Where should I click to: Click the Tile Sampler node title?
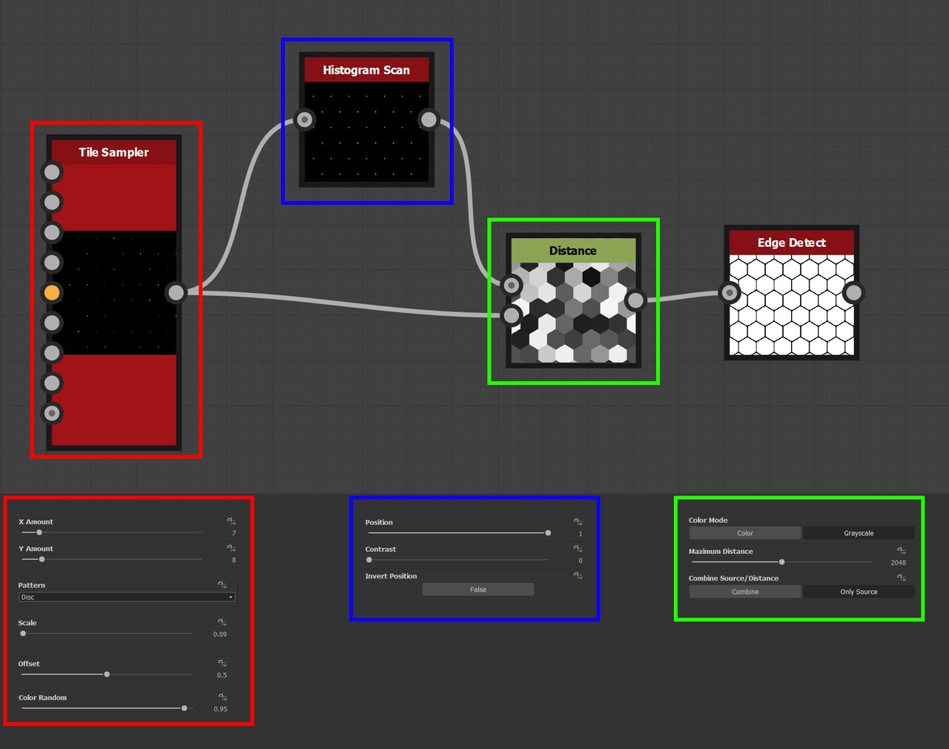113,152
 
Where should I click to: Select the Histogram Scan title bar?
366,70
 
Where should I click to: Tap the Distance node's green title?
572,251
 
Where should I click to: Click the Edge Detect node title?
791,242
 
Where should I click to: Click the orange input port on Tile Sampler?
52,293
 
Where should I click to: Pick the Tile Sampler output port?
176,292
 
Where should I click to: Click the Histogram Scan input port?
305,119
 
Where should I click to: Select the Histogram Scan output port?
429,119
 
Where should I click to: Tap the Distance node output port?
635,300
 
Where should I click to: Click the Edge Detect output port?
853,293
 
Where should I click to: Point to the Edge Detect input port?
730,293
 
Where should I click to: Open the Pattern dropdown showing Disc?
126,597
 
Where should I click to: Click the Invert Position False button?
478,590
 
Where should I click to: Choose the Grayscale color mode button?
859,533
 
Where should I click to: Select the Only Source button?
859,592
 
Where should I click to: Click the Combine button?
745,592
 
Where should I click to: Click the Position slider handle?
548,533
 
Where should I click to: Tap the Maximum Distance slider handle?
781,562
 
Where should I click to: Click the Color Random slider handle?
184,708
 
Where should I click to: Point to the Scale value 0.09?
219,634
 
